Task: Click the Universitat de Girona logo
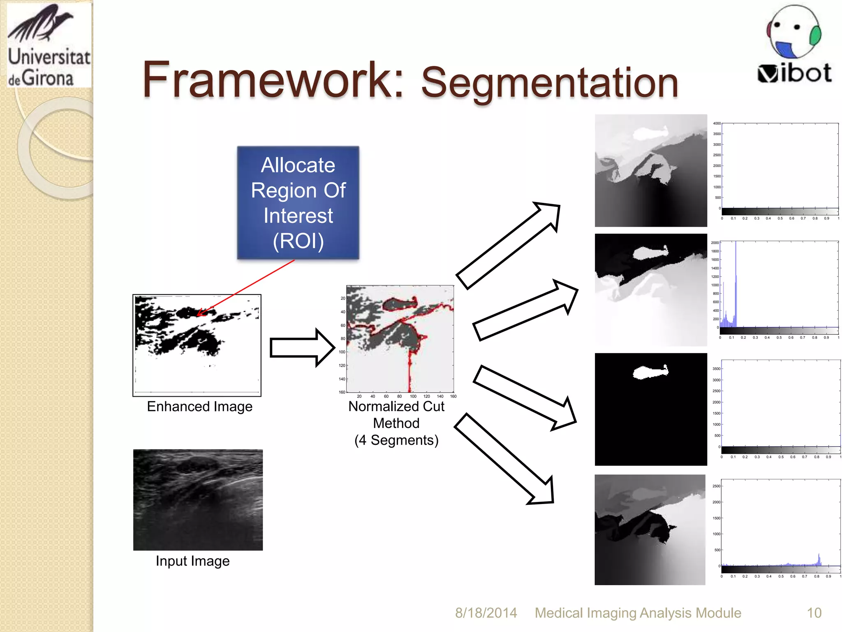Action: click(x=49, y=45)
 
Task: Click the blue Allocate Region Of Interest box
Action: click(x=298, y=202)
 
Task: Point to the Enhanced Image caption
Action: click(x=200, y=407)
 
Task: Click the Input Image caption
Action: click(x=192, y=561)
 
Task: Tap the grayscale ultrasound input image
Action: click(x=198, y=500)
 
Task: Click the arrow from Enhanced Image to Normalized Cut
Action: click(x=302, y=348)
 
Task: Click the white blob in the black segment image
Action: click(x=650, y=372)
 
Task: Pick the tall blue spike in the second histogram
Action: click(x=736, y=284)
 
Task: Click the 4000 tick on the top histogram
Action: click(x=717, y=123)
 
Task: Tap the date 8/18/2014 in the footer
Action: click(x=486, y=613)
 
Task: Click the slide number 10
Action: click(x=814, y=613)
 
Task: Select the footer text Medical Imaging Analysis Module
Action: click(x=638, y=613)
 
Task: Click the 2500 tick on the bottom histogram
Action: click(x=716, y=486)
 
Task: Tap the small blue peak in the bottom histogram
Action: click(x=819, y=560)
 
